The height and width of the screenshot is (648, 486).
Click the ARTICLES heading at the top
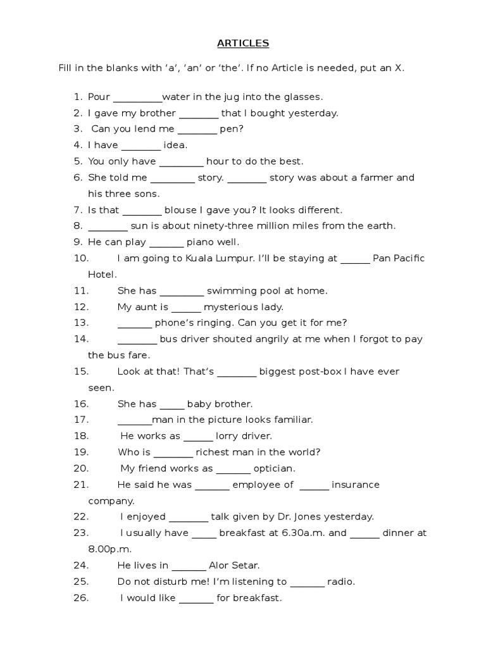243,44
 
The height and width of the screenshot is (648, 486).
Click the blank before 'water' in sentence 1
137,98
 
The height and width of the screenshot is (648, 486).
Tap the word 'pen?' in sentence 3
232,129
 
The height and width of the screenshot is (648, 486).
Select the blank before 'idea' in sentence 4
141,146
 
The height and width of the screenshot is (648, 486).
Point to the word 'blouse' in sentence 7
179,209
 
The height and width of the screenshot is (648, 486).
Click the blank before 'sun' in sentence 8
108,227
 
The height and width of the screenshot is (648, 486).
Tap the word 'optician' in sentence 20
273,469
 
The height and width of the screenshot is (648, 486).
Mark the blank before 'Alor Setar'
189,566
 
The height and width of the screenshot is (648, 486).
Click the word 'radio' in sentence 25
340,582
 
